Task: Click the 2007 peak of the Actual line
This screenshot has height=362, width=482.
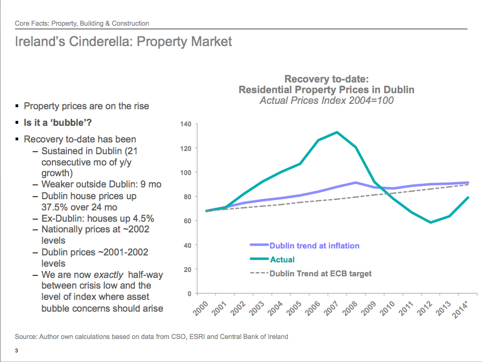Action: (337, 132)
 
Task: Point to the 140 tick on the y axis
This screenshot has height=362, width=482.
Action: (186, 124)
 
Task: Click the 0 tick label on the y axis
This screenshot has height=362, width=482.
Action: (189, 294)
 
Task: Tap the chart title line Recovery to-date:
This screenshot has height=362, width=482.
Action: (326, 79)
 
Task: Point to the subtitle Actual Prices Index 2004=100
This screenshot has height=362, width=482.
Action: (326, 100)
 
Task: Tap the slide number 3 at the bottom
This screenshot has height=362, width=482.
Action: (17, 351)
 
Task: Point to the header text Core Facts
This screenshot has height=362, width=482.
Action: (31, 24)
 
